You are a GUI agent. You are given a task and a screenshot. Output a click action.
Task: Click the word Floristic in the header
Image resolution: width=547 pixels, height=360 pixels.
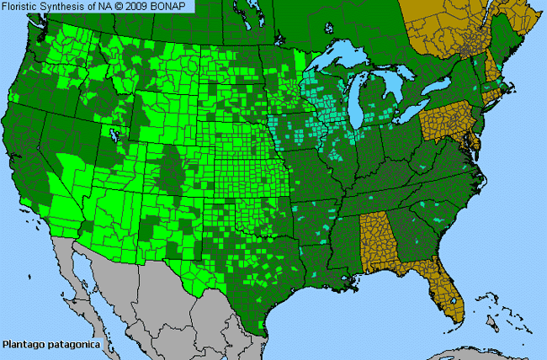24,7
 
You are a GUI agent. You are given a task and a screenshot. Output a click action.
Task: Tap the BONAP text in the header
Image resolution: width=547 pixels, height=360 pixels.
173,7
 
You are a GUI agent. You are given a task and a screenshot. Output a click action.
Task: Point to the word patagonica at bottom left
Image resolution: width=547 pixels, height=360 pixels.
73,344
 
